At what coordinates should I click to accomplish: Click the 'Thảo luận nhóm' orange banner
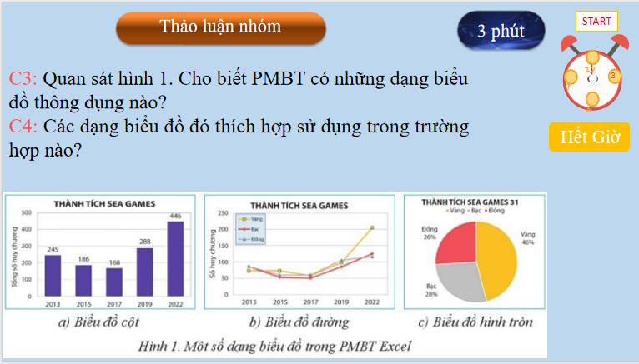[x=220, y=27]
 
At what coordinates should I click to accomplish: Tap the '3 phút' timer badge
[x=501, y=32]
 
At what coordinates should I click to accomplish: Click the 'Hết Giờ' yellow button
[x=589, y=137]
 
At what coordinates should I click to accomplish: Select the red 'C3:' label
[x=23, y=80]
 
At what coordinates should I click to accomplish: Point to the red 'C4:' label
[x=23, y=127]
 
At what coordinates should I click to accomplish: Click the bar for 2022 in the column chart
[x=174, y=258]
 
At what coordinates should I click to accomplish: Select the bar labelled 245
[x=53, y=275]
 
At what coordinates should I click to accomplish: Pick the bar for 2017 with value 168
[x=113, y=282]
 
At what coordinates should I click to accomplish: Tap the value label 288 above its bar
[x=143, y=242]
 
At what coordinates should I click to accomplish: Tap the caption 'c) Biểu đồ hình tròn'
[x=475, y=322]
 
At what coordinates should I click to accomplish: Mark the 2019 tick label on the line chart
[x=341, y=302]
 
